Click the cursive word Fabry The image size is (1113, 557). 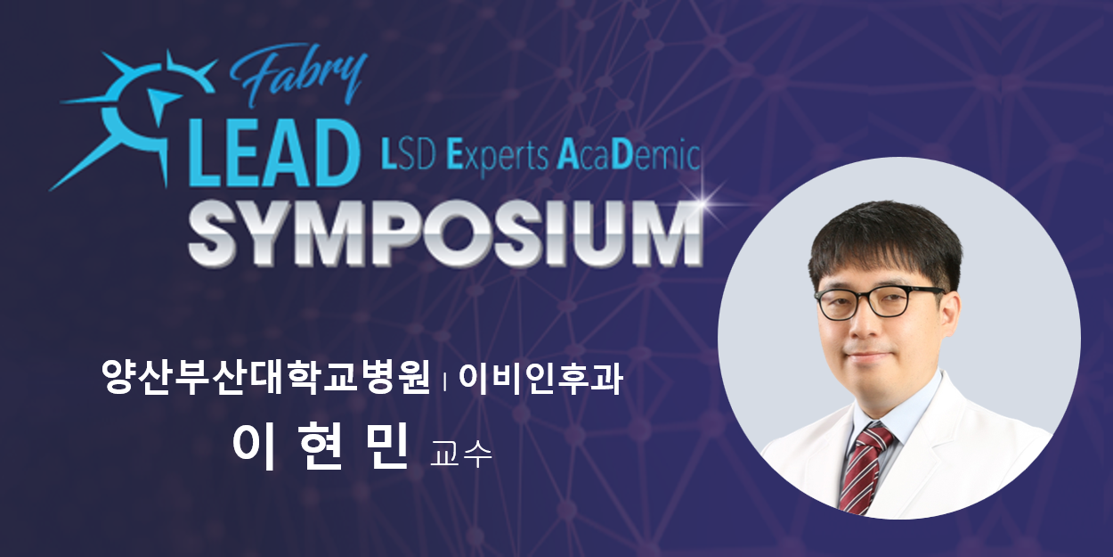pos(298,75)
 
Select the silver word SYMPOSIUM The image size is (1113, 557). pos(446,233)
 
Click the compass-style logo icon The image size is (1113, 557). pos(134,119)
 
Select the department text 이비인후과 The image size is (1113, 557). pos(540,378)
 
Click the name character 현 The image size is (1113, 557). pos(321,446)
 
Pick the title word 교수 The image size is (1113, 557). pos(461,453)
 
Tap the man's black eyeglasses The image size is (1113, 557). pos(881,302)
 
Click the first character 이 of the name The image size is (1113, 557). pos(254,447)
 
